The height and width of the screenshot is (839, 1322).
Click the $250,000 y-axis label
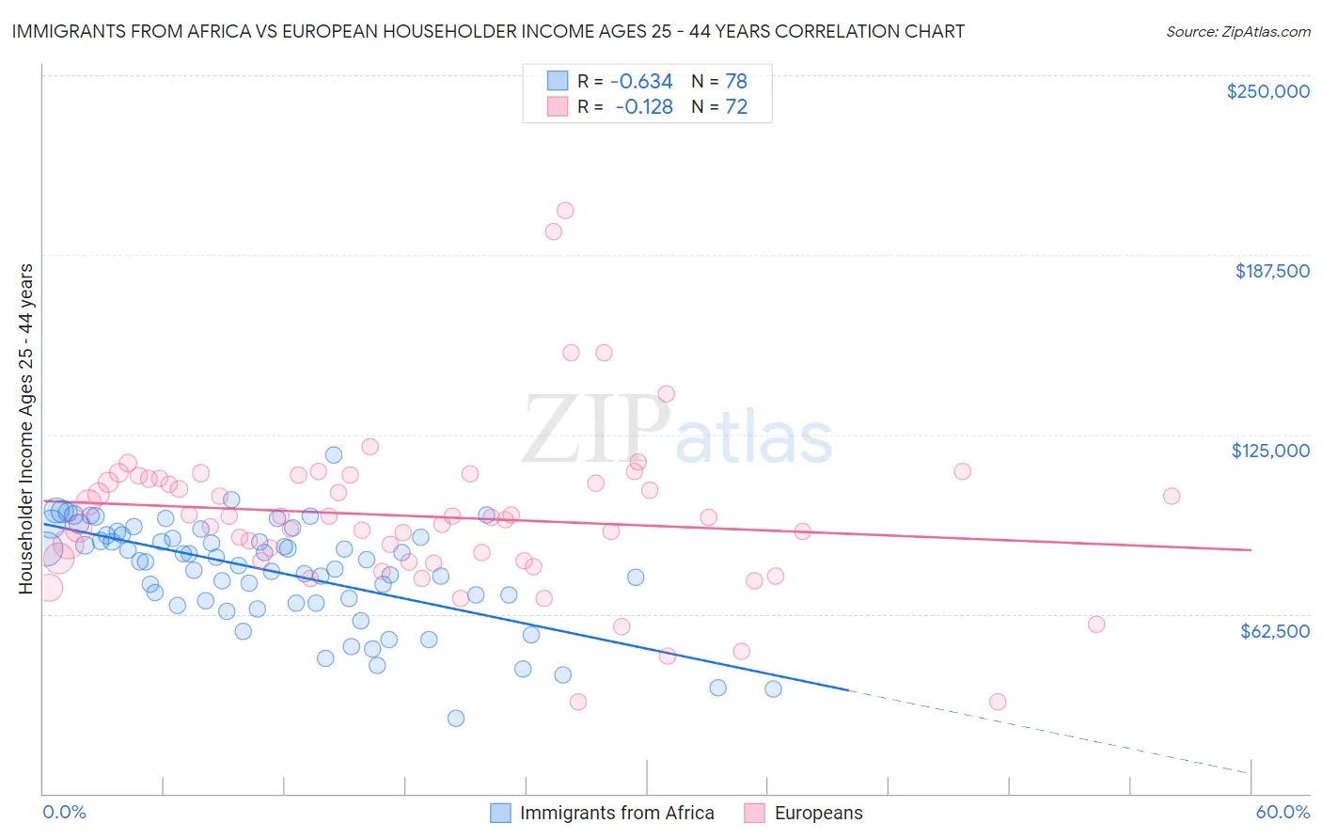1267,91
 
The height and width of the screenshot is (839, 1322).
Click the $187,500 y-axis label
1271,271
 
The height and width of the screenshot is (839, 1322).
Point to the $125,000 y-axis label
1270,451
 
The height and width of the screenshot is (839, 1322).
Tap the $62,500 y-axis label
1274,630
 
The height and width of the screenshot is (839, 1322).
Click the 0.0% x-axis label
64,812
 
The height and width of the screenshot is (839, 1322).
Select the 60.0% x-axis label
1282,812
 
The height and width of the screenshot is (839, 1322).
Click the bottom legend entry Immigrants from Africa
616,813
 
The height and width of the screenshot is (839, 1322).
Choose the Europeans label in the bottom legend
818,813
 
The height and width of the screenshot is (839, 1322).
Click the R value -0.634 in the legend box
641,81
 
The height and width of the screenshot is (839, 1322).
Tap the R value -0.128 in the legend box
643,106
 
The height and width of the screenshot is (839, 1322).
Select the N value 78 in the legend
735,81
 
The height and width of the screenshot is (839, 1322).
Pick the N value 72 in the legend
735,106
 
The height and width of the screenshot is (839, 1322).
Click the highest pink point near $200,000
565,211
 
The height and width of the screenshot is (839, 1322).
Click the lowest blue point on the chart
456,718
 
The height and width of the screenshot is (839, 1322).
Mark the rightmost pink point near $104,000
1171,496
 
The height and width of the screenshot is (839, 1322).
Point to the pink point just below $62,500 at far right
1095,624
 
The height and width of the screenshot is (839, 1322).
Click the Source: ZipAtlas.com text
1237,31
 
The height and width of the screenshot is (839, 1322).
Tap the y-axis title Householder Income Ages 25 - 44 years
25,429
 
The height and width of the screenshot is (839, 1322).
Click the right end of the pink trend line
1251,549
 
